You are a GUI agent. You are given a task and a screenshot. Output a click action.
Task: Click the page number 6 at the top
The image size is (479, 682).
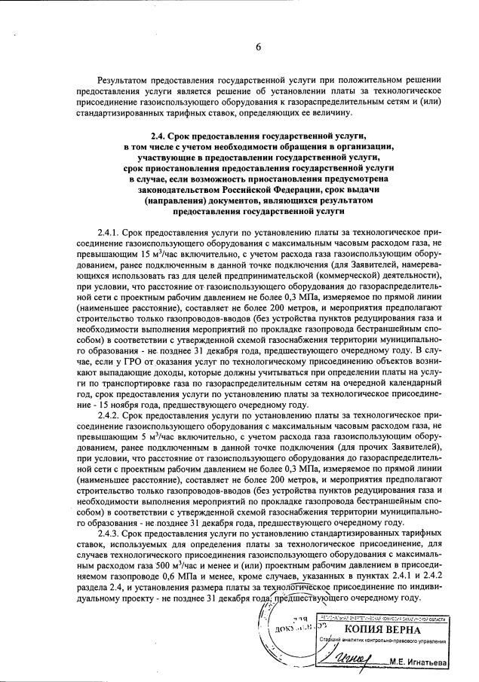click(x=257, y=46)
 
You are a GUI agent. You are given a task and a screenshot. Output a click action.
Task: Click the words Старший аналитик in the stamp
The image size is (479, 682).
click(x=337, y=641)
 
